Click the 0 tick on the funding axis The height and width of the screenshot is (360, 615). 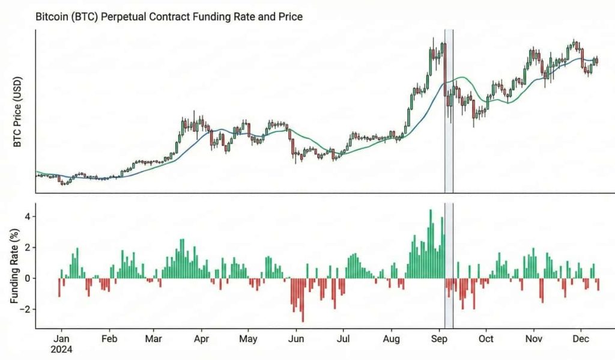[28, 278]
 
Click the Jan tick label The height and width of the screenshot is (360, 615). [62, 339]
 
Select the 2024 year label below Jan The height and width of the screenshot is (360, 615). [62, 349]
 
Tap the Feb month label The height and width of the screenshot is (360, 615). [109, 339]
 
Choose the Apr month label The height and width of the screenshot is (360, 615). [202, 339]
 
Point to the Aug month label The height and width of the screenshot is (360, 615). [391, 339]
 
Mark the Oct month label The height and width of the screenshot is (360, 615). [486, 339]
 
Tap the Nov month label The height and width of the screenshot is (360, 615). [533, 339]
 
